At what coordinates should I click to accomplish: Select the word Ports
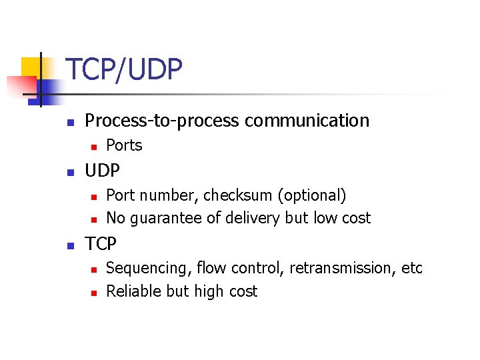124,145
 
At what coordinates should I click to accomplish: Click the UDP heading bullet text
102,171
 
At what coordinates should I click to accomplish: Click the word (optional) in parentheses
312,195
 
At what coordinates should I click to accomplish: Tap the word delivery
255,218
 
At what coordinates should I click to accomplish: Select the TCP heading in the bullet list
101,244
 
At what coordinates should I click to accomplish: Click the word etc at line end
412,268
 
